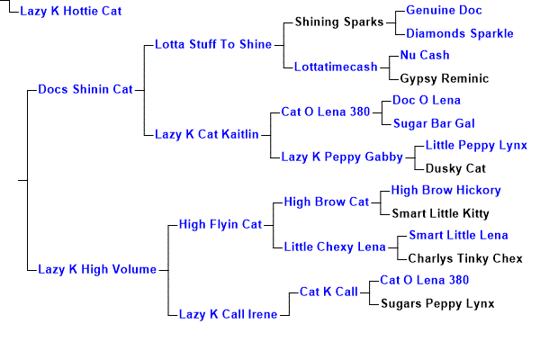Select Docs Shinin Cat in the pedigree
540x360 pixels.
[x=85, y=89]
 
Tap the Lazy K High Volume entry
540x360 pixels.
[x=97, y=268]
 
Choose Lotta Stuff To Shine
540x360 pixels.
[x=213, y=43]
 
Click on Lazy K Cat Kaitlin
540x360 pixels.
[x=207, y=134]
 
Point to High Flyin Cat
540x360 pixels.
[x=220, y=223]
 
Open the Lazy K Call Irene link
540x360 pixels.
[x=229, y=313]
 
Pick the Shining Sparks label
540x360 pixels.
[x=338, y=21]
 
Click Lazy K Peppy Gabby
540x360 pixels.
[x=342, y=157]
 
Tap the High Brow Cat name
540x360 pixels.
[x=327, y=202]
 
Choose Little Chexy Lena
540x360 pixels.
[x=332, y=246]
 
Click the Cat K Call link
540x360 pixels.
[x=328, y=292]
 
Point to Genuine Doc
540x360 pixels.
[x=444, y=10]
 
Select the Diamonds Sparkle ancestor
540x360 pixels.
[x=460, y=33]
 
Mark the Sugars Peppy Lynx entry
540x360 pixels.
[x=437, y=303]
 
